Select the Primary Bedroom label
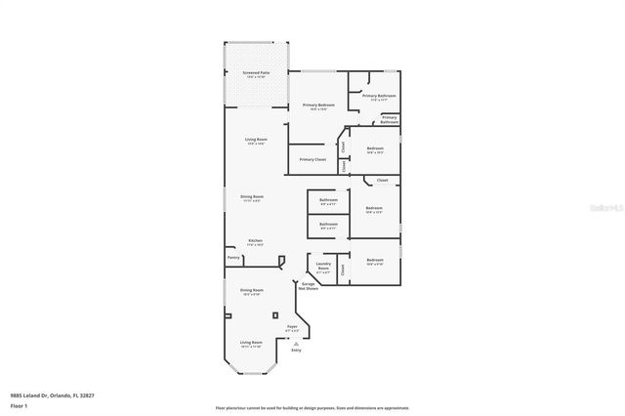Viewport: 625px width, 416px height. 318,105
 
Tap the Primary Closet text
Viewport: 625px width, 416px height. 312,159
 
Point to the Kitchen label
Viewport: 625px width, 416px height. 255,240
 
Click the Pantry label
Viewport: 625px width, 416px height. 233,258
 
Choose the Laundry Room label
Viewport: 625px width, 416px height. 323,269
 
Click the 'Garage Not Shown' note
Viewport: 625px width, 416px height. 308,288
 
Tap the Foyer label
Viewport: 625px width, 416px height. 291,327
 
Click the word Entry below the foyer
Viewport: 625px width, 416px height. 296,350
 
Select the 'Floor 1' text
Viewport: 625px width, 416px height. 20,405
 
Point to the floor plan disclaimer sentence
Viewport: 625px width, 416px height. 312,407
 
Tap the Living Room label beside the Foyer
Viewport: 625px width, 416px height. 251,343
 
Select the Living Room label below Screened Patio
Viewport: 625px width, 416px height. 256,141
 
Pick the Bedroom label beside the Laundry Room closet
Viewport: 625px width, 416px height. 374,261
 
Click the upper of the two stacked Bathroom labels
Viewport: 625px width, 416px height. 327,200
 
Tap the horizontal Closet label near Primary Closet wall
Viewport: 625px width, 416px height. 382,181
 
